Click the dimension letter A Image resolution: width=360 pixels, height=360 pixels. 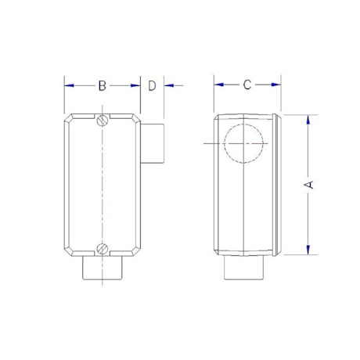tap(309, 184)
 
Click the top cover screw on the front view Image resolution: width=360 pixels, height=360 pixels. tap(103, 121)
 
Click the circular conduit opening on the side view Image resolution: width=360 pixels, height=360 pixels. tap(244, 144)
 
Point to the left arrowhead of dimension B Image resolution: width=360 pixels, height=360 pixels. tap(67, 85)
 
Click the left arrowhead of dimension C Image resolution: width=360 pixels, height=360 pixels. tap(218, 85)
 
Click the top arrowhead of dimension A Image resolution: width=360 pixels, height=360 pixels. tap(309, 120)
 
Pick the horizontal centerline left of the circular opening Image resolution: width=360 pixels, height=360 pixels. tap(212, 144)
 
